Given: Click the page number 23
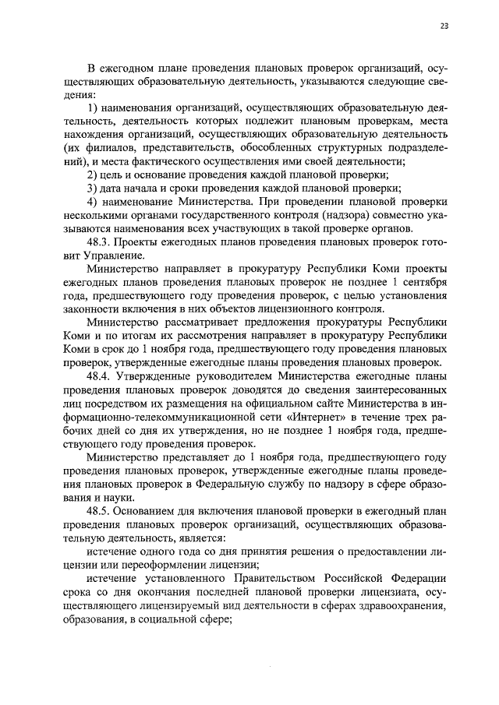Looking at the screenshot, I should tap(444, 26).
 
